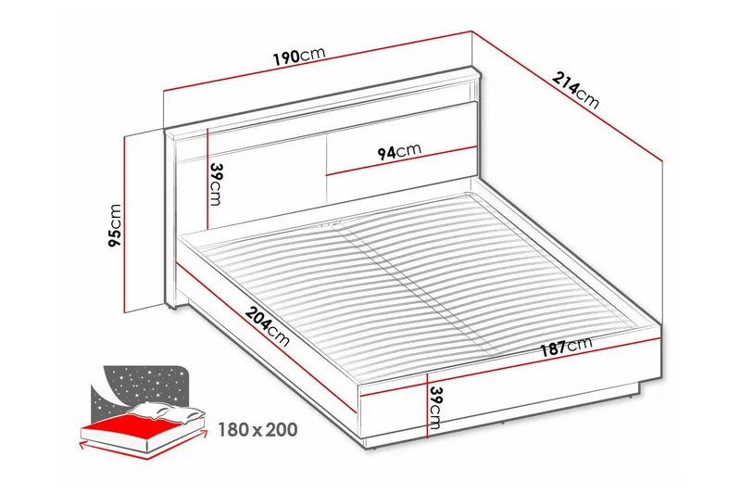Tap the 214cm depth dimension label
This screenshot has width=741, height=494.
click(x=576, y=89)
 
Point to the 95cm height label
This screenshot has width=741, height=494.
click(x=115, y=226)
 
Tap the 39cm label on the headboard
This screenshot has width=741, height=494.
click(x=216, y=184)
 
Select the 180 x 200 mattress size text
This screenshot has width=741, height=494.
click(x=258, y=430)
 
